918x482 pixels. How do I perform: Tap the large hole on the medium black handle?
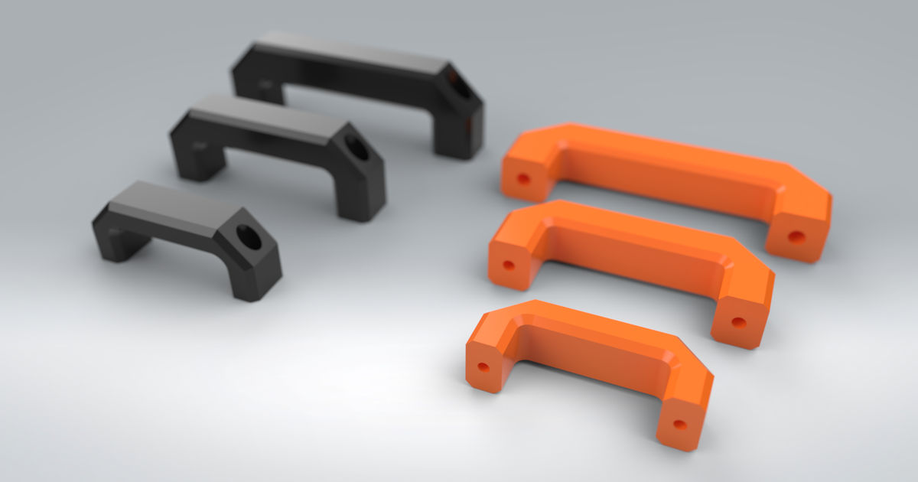click(x=357, y=148)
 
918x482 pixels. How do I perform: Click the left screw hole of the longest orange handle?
click(x=523, y=179)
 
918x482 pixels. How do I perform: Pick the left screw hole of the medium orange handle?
click(x=508, y=265)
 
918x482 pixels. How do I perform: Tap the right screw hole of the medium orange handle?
click(x=738, y=322)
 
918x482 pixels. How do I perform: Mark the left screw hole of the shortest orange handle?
click(x=483, y=366)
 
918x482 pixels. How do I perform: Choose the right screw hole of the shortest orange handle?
click(x=679, y=423)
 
